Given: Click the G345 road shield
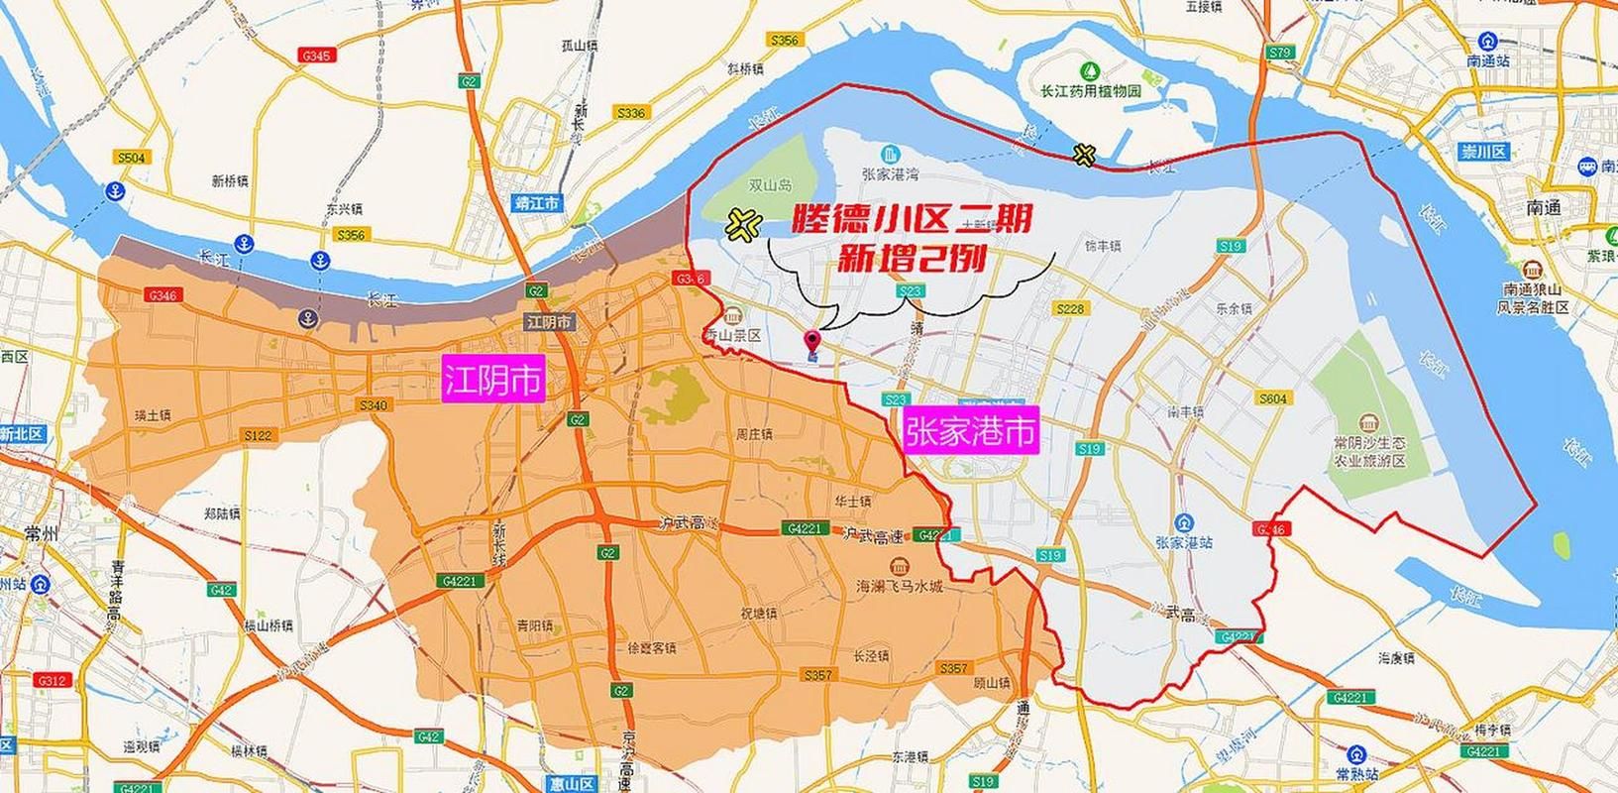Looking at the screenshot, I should point(316,57).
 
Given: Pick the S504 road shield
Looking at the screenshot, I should point(131,158).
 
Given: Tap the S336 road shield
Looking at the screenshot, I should point(630,113).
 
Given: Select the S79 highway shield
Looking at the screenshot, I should point(1280,52).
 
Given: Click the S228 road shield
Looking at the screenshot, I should point(1070,309).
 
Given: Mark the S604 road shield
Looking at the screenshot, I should point(1273,398).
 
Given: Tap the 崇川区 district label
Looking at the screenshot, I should point(1483,152).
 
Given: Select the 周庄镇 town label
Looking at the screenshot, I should point(754,434).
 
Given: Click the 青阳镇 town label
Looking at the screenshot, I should point(535,625).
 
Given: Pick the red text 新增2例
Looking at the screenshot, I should point(911,260).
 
